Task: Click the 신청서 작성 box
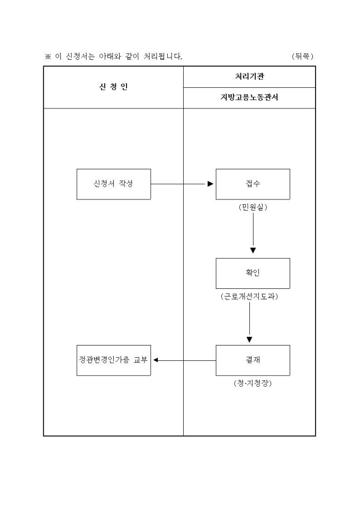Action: click(x=113, y=184)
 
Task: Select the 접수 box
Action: click(x=253, y=184)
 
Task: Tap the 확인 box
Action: click(x=253, y=273)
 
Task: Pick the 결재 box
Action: click(x=253, y=360)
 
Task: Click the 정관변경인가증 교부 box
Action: click(x=113, y=360)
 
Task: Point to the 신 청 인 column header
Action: click(x=113, y=87)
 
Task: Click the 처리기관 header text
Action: click(x=249, y=77)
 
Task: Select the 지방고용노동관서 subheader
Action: click(x=249, y=98)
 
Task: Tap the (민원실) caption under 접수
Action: click(x=253, y=208)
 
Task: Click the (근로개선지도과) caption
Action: click(x=249, y=296)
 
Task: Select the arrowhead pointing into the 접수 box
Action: click(x=210, y=184)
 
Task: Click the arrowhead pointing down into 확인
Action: click(x=253, y=250)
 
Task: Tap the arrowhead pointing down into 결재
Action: click(x=249, y=339)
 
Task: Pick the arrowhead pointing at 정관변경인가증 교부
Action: click(x=156, y=360)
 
